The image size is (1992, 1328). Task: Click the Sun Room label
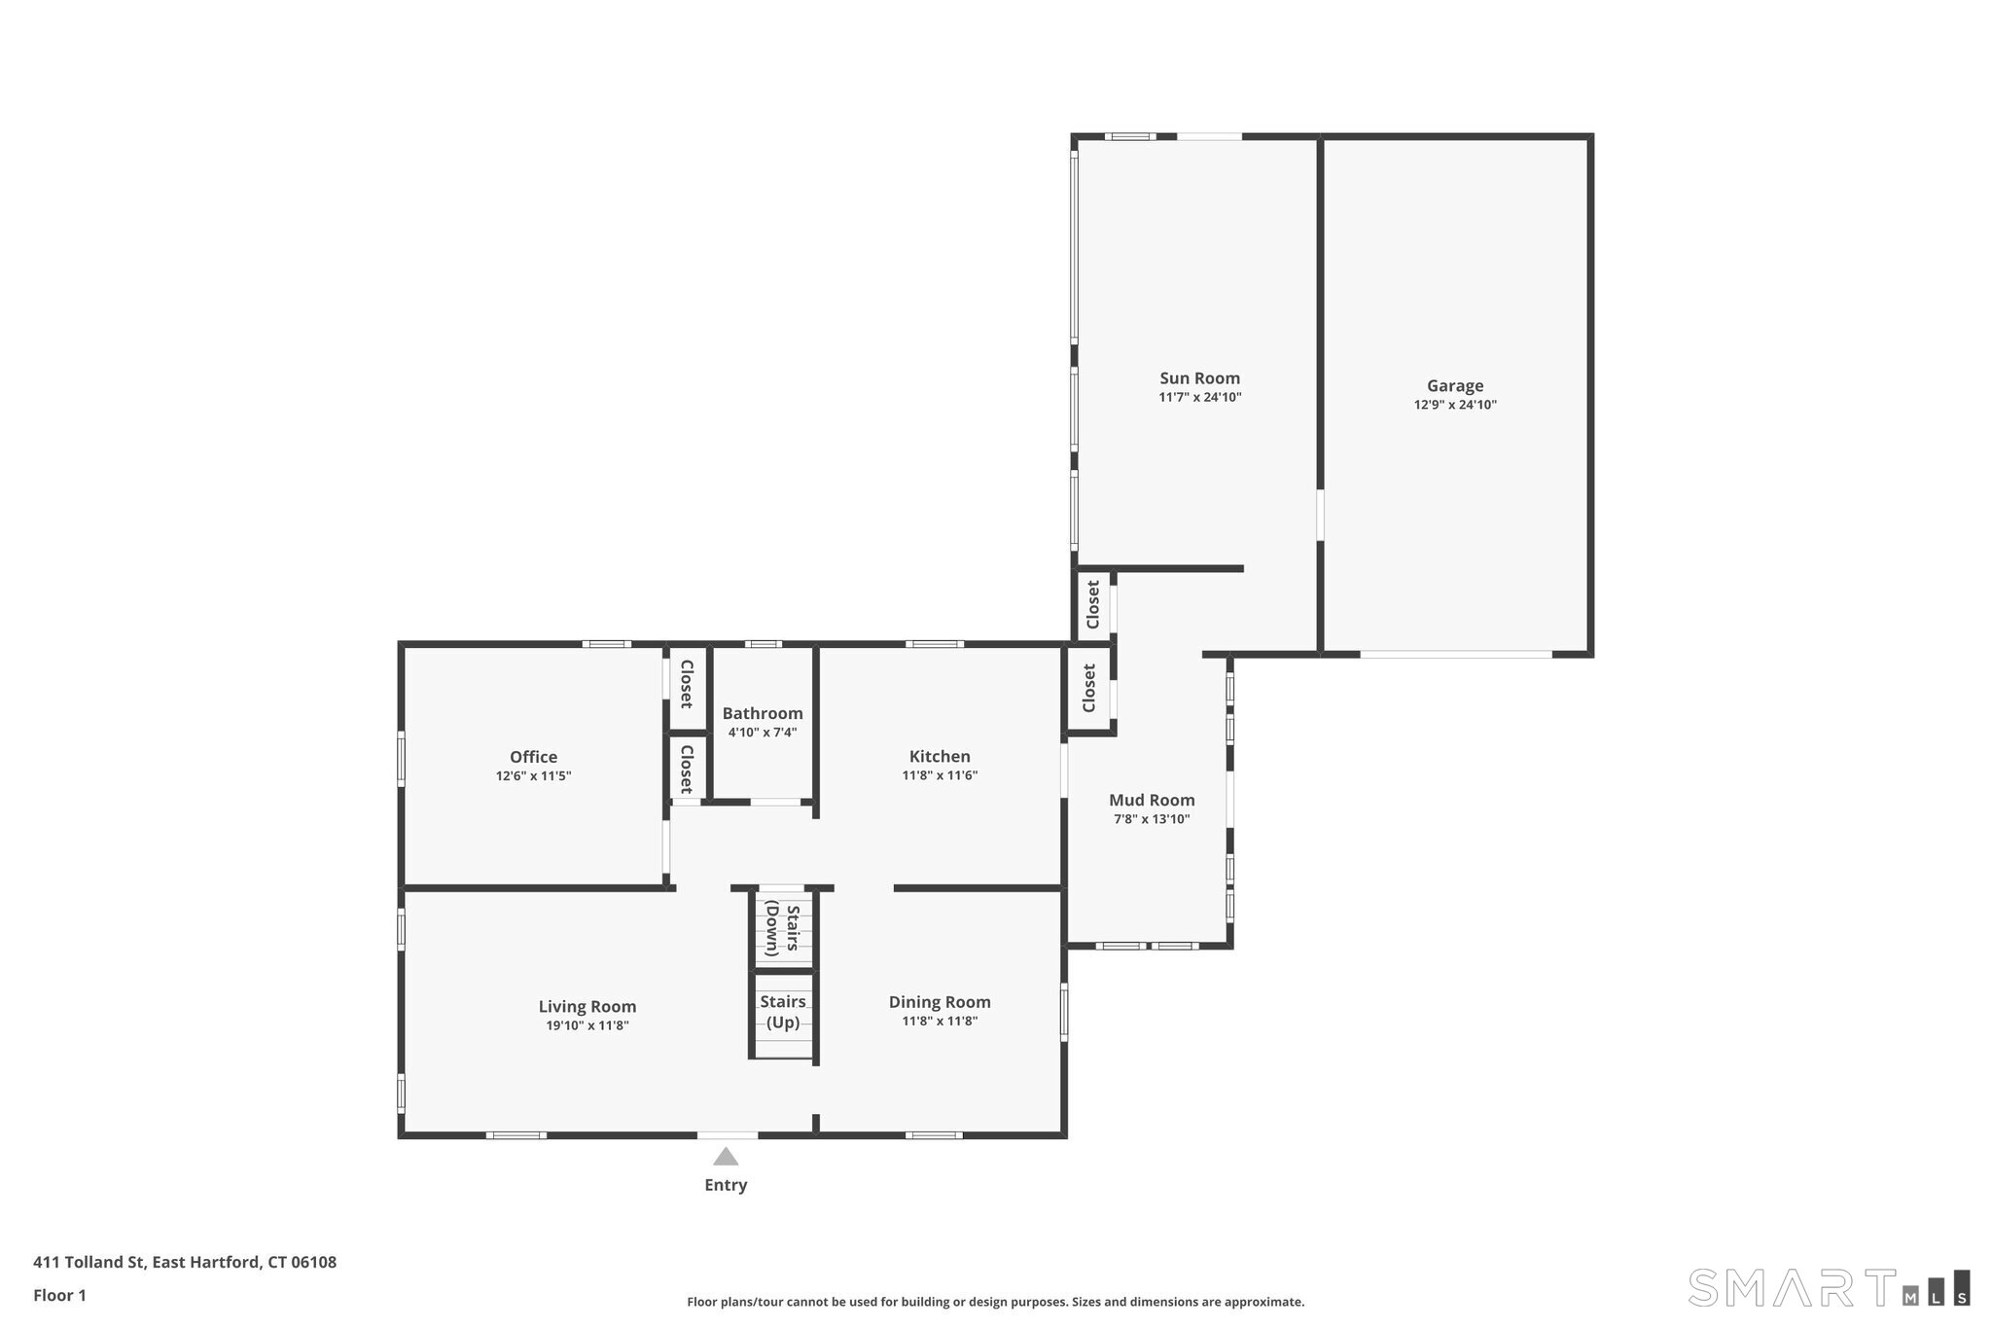1199,378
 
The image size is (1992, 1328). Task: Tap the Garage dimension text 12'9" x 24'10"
1455,405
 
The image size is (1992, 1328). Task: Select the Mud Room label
1152,800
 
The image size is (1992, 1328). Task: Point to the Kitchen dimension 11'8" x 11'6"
940,775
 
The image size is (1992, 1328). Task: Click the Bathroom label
763,713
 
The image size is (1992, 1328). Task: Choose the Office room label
534,757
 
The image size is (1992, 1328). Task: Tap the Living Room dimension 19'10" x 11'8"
587,1025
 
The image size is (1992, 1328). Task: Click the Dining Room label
940,1002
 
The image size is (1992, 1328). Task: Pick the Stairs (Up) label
783,1012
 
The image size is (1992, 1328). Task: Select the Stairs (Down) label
783,929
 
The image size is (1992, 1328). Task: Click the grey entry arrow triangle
726,1156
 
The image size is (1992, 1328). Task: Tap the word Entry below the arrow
726,1185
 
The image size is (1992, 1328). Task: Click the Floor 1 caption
59,1295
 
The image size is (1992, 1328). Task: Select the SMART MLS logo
1829,1287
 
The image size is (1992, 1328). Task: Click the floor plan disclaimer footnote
995,1302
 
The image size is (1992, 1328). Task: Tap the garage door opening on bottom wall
1456,654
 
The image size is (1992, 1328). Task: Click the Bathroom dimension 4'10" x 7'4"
763,733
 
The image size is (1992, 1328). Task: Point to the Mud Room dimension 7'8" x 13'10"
1152,819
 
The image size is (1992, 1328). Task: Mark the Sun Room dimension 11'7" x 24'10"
1199,397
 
